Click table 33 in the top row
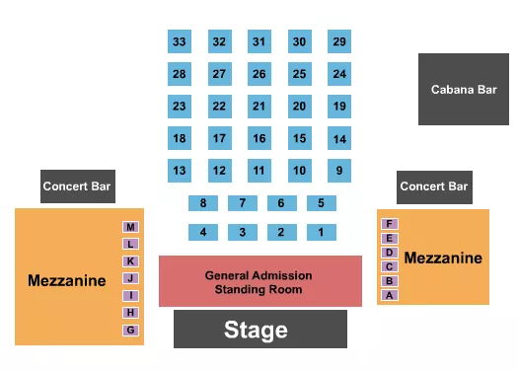179,42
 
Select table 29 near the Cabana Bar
339,42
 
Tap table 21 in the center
259,107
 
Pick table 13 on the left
179,171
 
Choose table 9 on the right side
339,171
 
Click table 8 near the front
203,203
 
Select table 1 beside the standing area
321,233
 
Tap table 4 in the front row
203,233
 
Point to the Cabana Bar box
463,89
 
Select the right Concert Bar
433,185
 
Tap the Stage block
260,330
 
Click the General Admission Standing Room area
259,282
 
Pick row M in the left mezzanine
130,227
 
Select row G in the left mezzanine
130,330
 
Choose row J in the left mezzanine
130,278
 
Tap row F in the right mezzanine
390,224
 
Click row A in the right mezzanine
390,295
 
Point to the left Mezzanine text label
66,281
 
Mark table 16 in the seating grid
259,139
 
